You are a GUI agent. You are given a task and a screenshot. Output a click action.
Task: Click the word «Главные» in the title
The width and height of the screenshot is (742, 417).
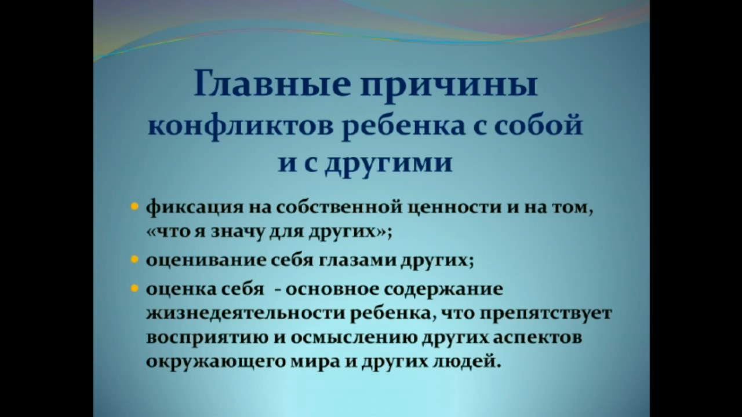[272, 83]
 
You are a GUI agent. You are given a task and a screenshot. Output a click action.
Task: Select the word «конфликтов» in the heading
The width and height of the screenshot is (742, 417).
[241, 127]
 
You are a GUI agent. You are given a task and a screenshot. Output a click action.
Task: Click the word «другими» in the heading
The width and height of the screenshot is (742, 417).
[388, 164]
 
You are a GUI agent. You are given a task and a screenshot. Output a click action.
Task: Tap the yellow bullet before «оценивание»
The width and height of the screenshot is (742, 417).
[134, 259]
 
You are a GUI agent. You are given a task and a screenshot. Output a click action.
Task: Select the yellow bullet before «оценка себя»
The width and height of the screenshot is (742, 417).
[134, 288]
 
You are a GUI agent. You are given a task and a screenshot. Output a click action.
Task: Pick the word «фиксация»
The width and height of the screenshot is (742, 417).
[195, 209]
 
